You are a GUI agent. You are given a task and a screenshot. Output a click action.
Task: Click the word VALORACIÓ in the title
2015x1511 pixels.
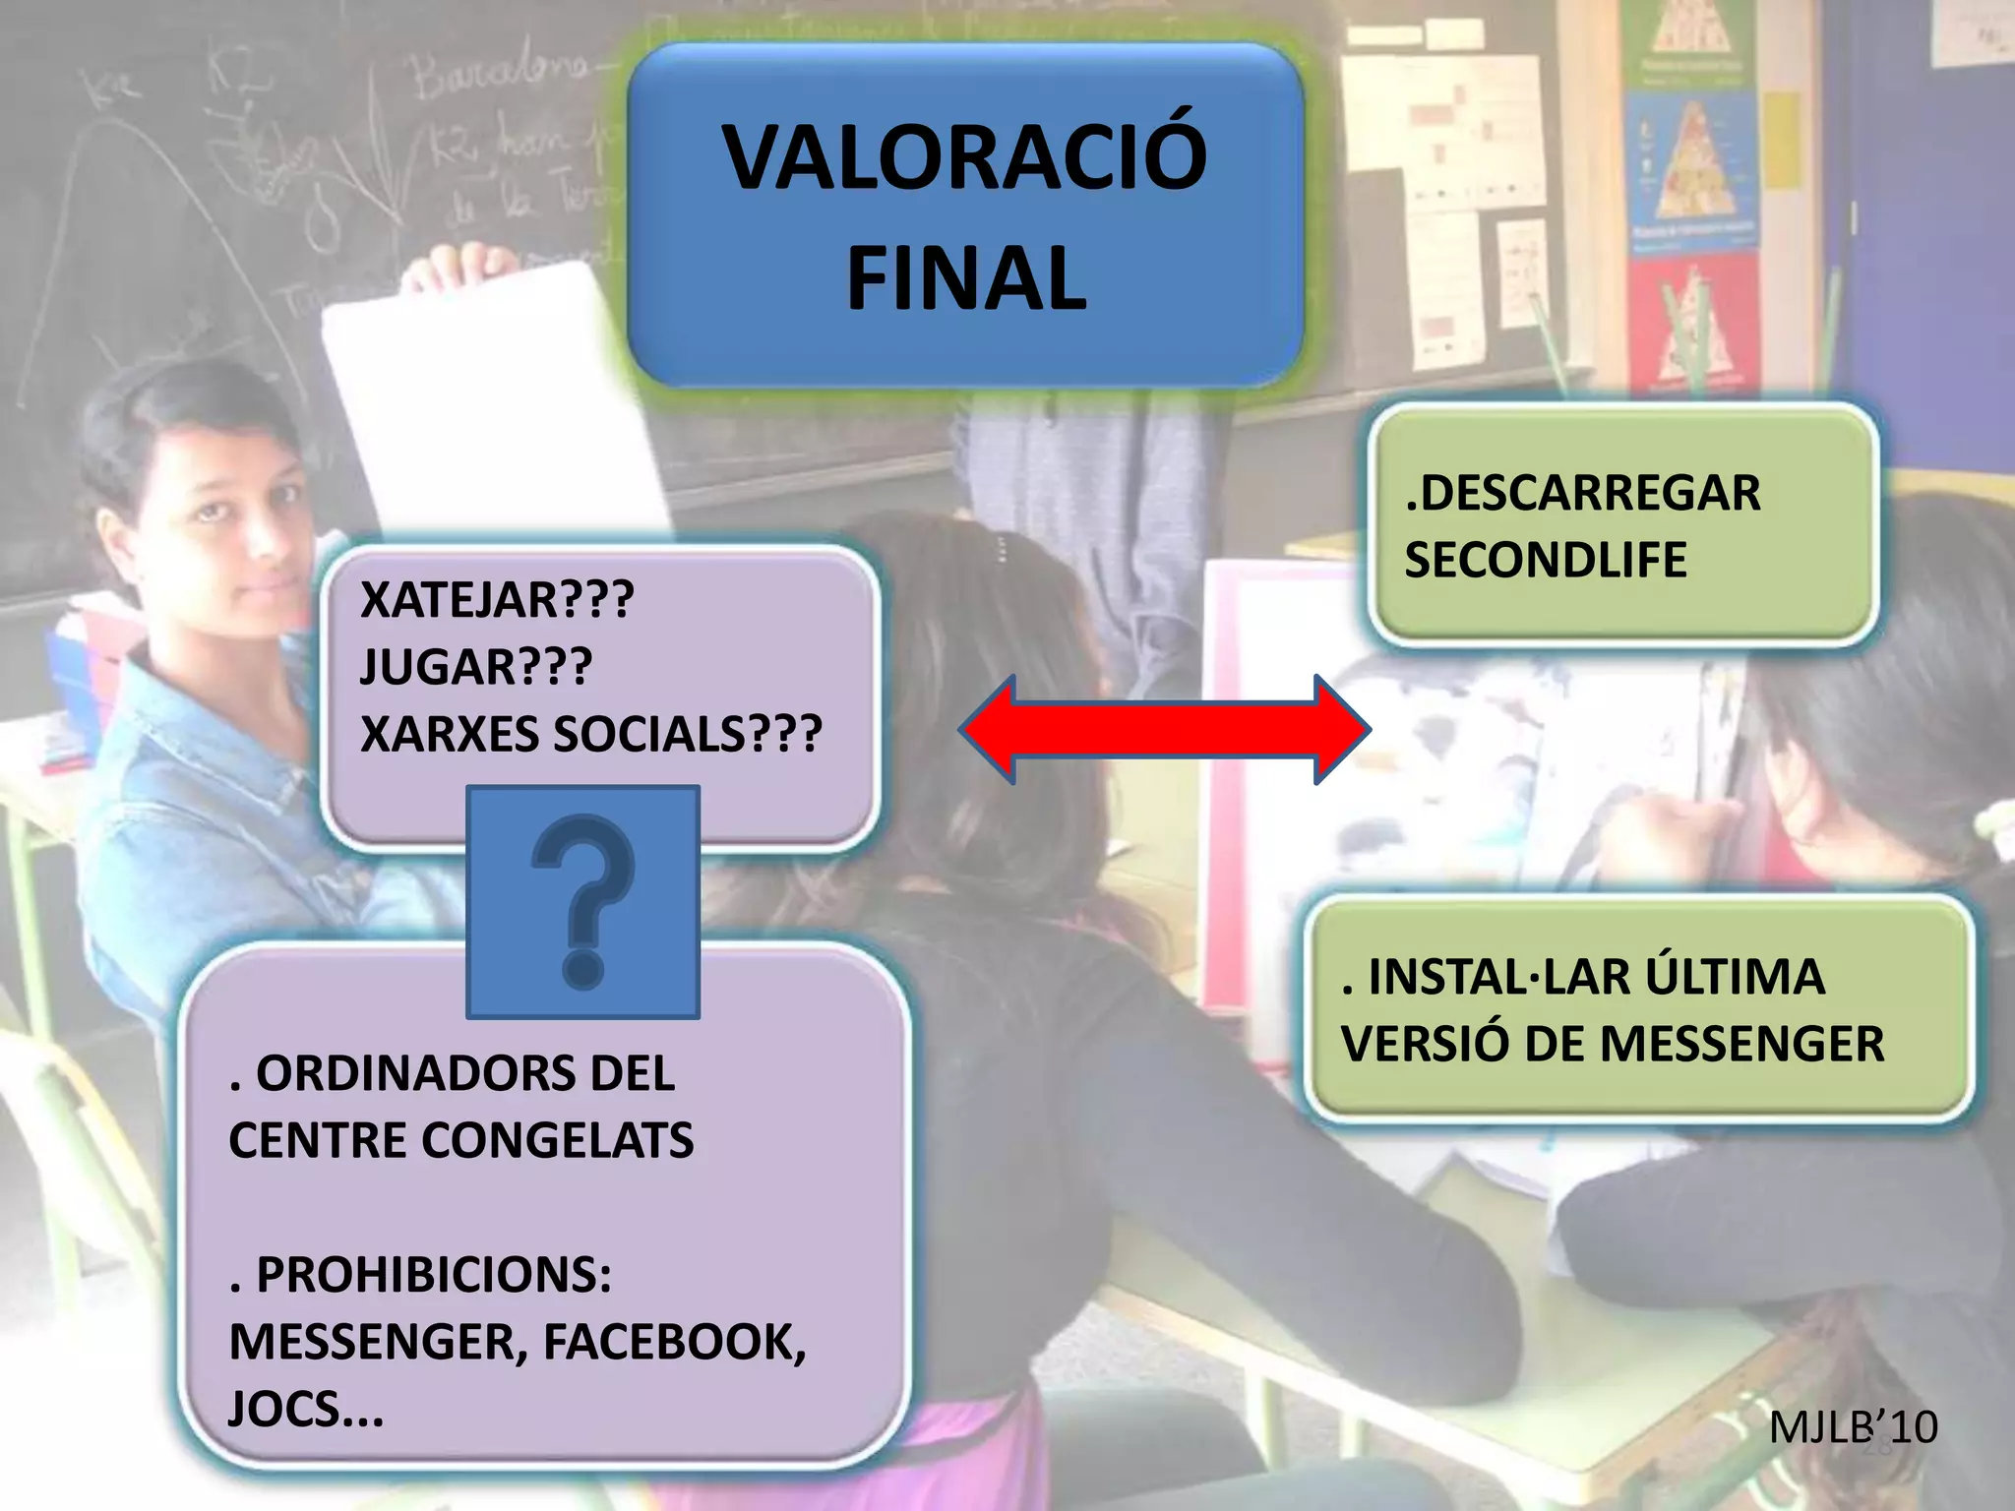(x=964, y=157)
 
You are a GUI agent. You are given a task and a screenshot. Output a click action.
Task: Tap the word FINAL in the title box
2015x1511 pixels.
(x=966, y=279)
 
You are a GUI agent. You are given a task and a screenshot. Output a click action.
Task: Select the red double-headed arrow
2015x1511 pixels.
(x=1165, y=730)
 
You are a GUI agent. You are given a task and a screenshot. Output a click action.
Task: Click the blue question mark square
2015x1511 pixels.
(x=583, y=902)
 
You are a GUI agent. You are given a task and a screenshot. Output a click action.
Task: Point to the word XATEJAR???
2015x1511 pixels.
(x=497, y=600)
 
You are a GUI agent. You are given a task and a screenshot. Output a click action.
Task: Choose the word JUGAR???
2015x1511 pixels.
(x=476, y=667)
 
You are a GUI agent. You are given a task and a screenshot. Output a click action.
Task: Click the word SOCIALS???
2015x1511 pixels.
(x=688, y=735)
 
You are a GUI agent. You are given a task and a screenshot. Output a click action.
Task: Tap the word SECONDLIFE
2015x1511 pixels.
(x=1546, y=561)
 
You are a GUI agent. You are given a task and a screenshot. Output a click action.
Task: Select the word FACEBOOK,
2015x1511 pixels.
(x=675, y=1343)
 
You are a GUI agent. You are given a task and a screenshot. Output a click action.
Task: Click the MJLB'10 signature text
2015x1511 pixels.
(x=1853, y=1427)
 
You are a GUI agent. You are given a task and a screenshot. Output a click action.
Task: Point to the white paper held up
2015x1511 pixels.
(x=492, y=403)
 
